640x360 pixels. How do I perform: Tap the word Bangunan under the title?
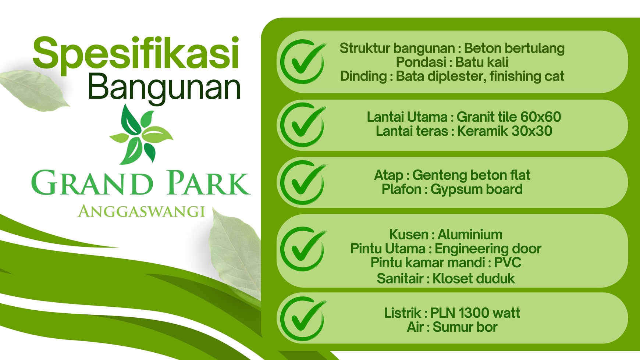coord(164,88)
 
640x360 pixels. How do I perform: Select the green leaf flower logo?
coord(141,135)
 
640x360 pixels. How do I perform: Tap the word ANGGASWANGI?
coord(142,211)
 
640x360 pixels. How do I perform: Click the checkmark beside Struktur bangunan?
coord(303,62)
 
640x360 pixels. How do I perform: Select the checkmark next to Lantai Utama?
coord(303,125)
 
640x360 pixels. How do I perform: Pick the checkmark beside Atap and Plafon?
coord(303,183)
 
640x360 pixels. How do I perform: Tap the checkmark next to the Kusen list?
coord(303,249)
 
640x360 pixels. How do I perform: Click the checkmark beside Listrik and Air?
coord(303,319)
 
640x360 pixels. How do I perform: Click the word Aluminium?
coord(470,234)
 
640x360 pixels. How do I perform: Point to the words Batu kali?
coord(482,62)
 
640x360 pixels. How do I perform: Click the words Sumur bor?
coord(465,327)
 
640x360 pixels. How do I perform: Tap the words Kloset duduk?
coord(474,278)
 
